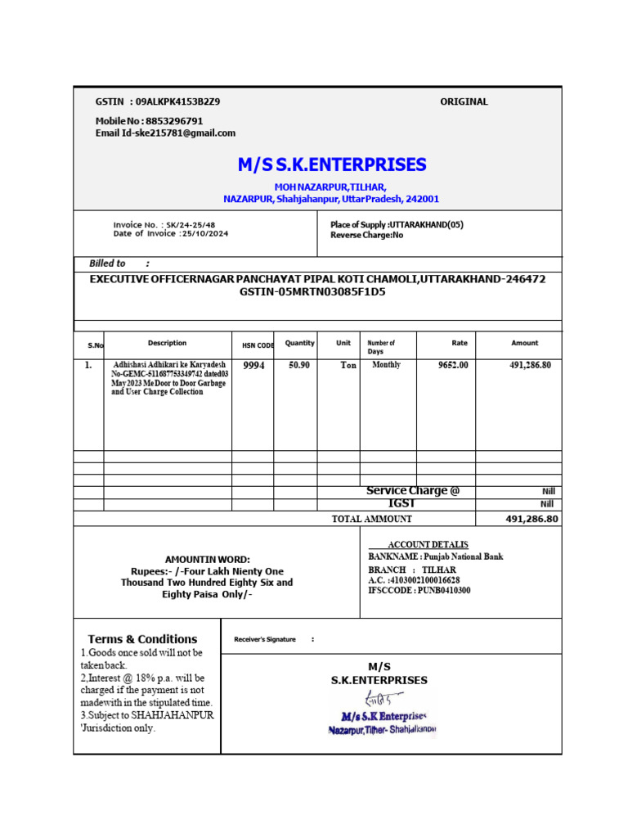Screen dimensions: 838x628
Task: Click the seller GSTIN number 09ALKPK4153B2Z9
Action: pos(177,101)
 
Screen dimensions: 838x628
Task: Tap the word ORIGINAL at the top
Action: pos(464,101)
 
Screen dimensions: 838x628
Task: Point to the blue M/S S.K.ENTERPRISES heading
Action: pos(332,164)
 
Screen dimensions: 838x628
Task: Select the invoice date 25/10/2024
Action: pos(204,233)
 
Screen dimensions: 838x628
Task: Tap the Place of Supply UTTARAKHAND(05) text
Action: pos(426,224)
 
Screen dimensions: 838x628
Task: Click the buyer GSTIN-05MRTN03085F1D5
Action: pos(312,291)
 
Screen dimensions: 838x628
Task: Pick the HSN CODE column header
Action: pos(258,345)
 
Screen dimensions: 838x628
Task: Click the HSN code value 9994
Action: pos(254,366)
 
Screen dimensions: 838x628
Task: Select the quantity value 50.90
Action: pos(299,365)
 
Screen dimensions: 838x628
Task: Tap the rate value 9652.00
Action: pos(453,365)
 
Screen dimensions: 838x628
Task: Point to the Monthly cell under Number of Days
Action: pos(386,365)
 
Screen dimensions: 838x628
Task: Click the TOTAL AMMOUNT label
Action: pos(371,519)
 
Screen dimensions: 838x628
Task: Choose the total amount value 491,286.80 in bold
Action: pos(532,519)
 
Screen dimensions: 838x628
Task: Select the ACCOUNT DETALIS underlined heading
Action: pos(428,544)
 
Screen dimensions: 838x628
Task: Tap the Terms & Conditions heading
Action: pos(142,639)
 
